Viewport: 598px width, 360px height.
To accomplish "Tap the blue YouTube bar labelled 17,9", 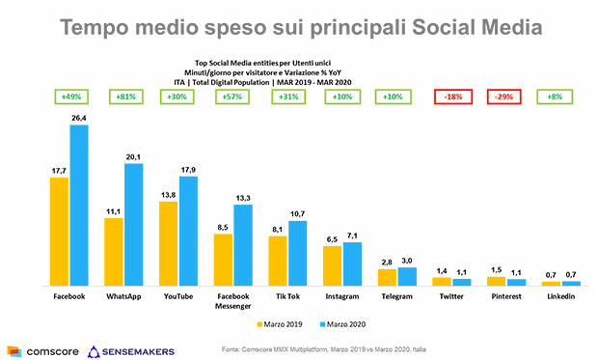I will [x=187, y=231].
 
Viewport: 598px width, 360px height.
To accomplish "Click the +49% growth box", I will [x=69, y=97].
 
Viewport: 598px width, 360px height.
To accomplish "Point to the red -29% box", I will [x=504, y=97].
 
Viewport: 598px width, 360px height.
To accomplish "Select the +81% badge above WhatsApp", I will [x=124, y=97].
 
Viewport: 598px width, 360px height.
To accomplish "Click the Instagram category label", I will [x=341, y=296].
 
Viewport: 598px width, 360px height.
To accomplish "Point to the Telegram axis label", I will [x=395, y=296].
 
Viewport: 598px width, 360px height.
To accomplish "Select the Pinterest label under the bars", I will [x=505, y=296].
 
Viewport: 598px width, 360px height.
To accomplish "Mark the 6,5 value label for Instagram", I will [x=332, y=239].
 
